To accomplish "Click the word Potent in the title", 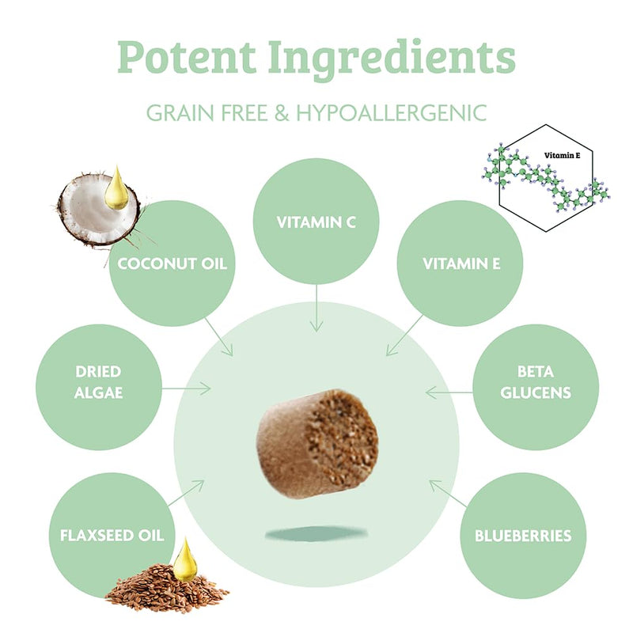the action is [x=187, y=56].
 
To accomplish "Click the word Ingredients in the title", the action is [x=392, y=60].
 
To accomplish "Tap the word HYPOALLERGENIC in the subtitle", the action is [x=391, y=112].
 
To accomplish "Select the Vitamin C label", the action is [x=316, y=222].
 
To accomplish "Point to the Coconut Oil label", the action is [x=172, y=263].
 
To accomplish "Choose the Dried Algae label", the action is [x=98, y=382].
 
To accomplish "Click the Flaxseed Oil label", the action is [x=112, y=536].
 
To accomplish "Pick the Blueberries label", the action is [x=523, y=536].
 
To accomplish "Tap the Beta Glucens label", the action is [x=536, y=382].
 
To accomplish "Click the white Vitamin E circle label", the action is [x=461, y=263].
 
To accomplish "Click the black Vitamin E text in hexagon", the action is [x=562, y=155].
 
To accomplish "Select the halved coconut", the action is [x=99, y=210].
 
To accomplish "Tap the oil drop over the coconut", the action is [x=116, y=188].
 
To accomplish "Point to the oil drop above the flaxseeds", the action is [x=185, y=560].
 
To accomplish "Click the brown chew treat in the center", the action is [x=317, y=443].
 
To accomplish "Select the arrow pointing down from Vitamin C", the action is [x=316, y=308].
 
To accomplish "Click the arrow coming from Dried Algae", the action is [x=186, y=389].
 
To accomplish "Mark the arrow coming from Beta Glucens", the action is [x=449, y=392].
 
